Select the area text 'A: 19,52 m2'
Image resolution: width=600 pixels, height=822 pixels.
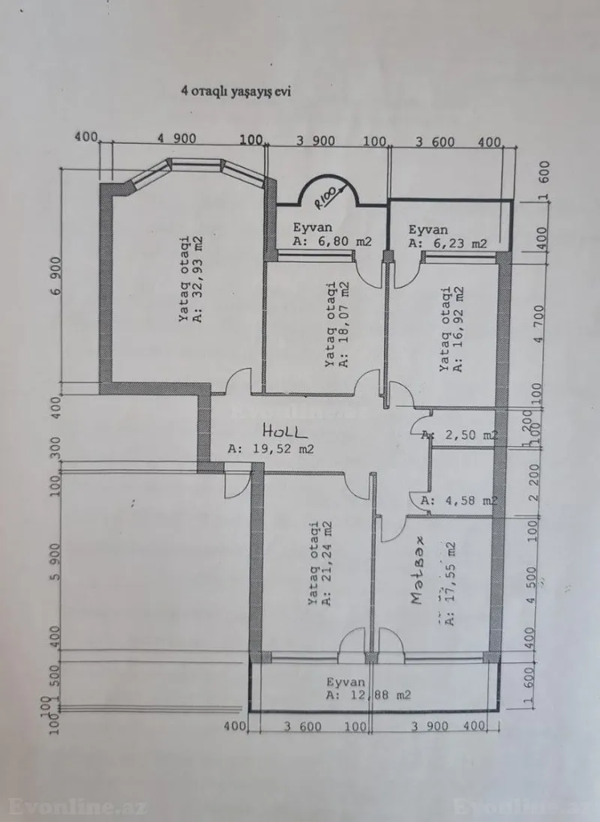[271, 450]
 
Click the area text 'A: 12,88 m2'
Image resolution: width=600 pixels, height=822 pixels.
[367, 695]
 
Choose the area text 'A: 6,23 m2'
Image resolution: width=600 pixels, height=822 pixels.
[447, 243]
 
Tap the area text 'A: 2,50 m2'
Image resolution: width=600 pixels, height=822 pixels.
[459, 434]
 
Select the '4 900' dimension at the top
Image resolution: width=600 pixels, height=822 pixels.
[178, 139]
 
